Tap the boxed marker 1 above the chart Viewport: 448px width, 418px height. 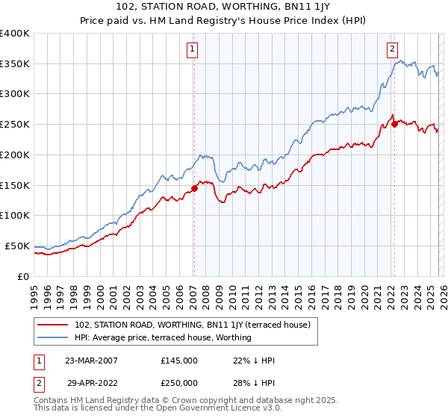[x=193, y=49]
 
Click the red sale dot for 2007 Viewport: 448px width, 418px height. [x=194, y=188]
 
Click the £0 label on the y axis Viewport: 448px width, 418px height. [x=22, y=276]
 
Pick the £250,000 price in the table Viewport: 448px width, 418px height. [x=179, y=382]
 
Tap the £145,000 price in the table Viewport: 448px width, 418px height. [x=179, y=360]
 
